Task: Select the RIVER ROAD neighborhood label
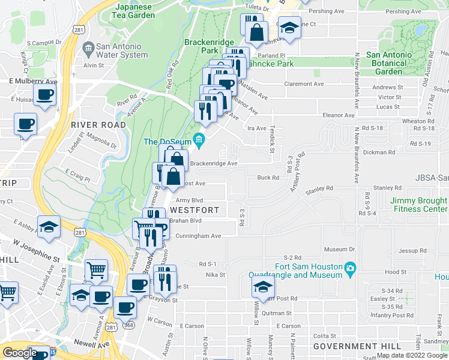click(x=98, y=125)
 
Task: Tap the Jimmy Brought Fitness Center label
click(x=419, y=205)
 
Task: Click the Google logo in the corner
click(x=20, y=353)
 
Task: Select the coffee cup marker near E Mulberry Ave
click(x=45, y=95)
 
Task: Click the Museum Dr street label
click(x=340, y=249)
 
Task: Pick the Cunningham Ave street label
click(x=199, y=236)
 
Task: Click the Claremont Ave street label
click(x=304, y=84)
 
